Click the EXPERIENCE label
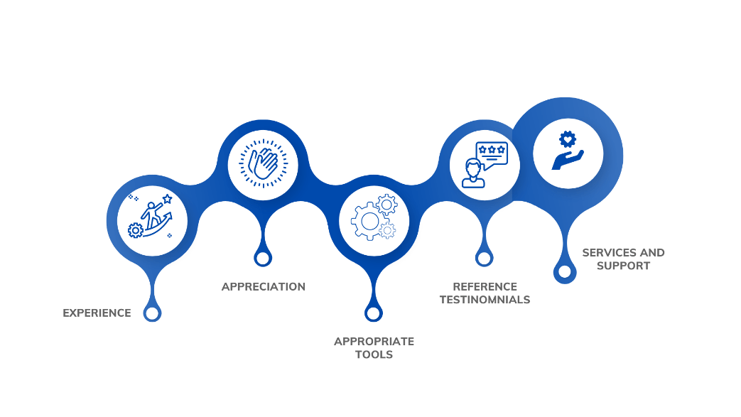[x=97, y=311]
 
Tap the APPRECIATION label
[x=263, y=287]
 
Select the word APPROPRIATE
[x=374, y=341]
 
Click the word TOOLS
[x=374, y=355]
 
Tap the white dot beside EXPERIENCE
[x=151, y=313]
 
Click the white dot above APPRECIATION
[x=263, y=258]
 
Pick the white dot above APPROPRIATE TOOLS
[x=373, y=313]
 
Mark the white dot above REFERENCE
[x=484, y=258]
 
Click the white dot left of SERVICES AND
[x=564, y=271]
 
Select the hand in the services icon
[x=566, y=160]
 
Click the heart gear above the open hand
[x=566, y=139]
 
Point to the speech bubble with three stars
[x=492, y=152]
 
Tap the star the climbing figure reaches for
[x=167, y=199]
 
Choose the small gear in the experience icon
[x=134, y=230]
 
